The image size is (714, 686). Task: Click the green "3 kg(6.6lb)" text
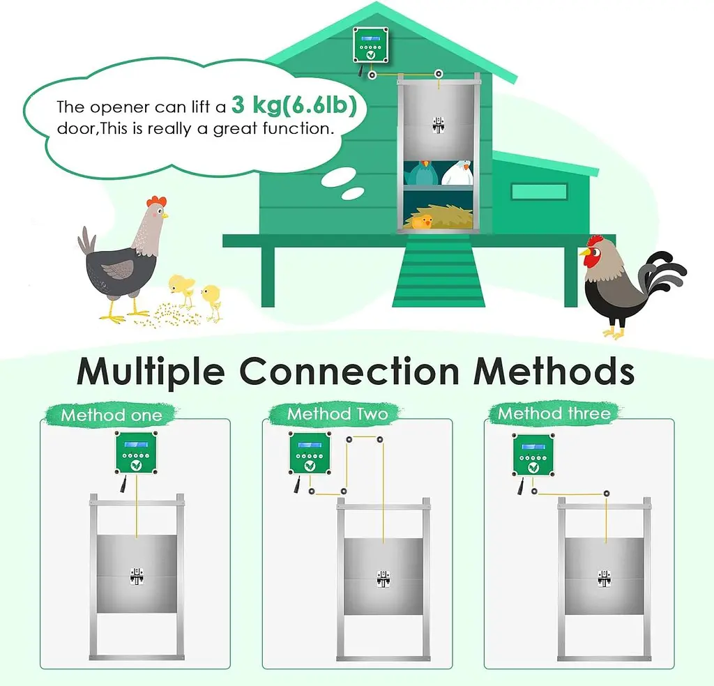tap(294, 105)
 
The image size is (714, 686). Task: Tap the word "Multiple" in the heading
tap(151, 372)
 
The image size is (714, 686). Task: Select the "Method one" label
tap(112, 415)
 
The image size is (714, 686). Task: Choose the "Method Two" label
tap(337, 414)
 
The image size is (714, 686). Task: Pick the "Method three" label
tap(554, 413)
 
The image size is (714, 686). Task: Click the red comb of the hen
tap(156, 201)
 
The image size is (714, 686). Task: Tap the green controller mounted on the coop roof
tap(371, 45)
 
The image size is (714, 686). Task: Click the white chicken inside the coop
tap(457, 172)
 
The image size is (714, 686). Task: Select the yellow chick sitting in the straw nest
tap(422, 222)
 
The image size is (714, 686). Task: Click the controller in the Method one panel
tap(136, 452)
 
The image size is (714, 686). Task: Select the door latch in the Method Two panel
tap(383, 578)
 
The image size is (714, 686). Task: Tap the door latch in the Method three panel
tap(604, 578)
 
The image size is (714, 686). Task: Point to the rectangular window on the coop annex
tap(539, 192)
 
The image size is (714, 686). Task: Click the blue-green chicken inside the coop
tap(423, 173)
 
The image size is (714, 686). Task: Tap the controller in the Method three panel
tap(533, 455)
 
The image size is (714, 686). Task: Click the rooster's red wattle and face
tap(591, 258)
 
